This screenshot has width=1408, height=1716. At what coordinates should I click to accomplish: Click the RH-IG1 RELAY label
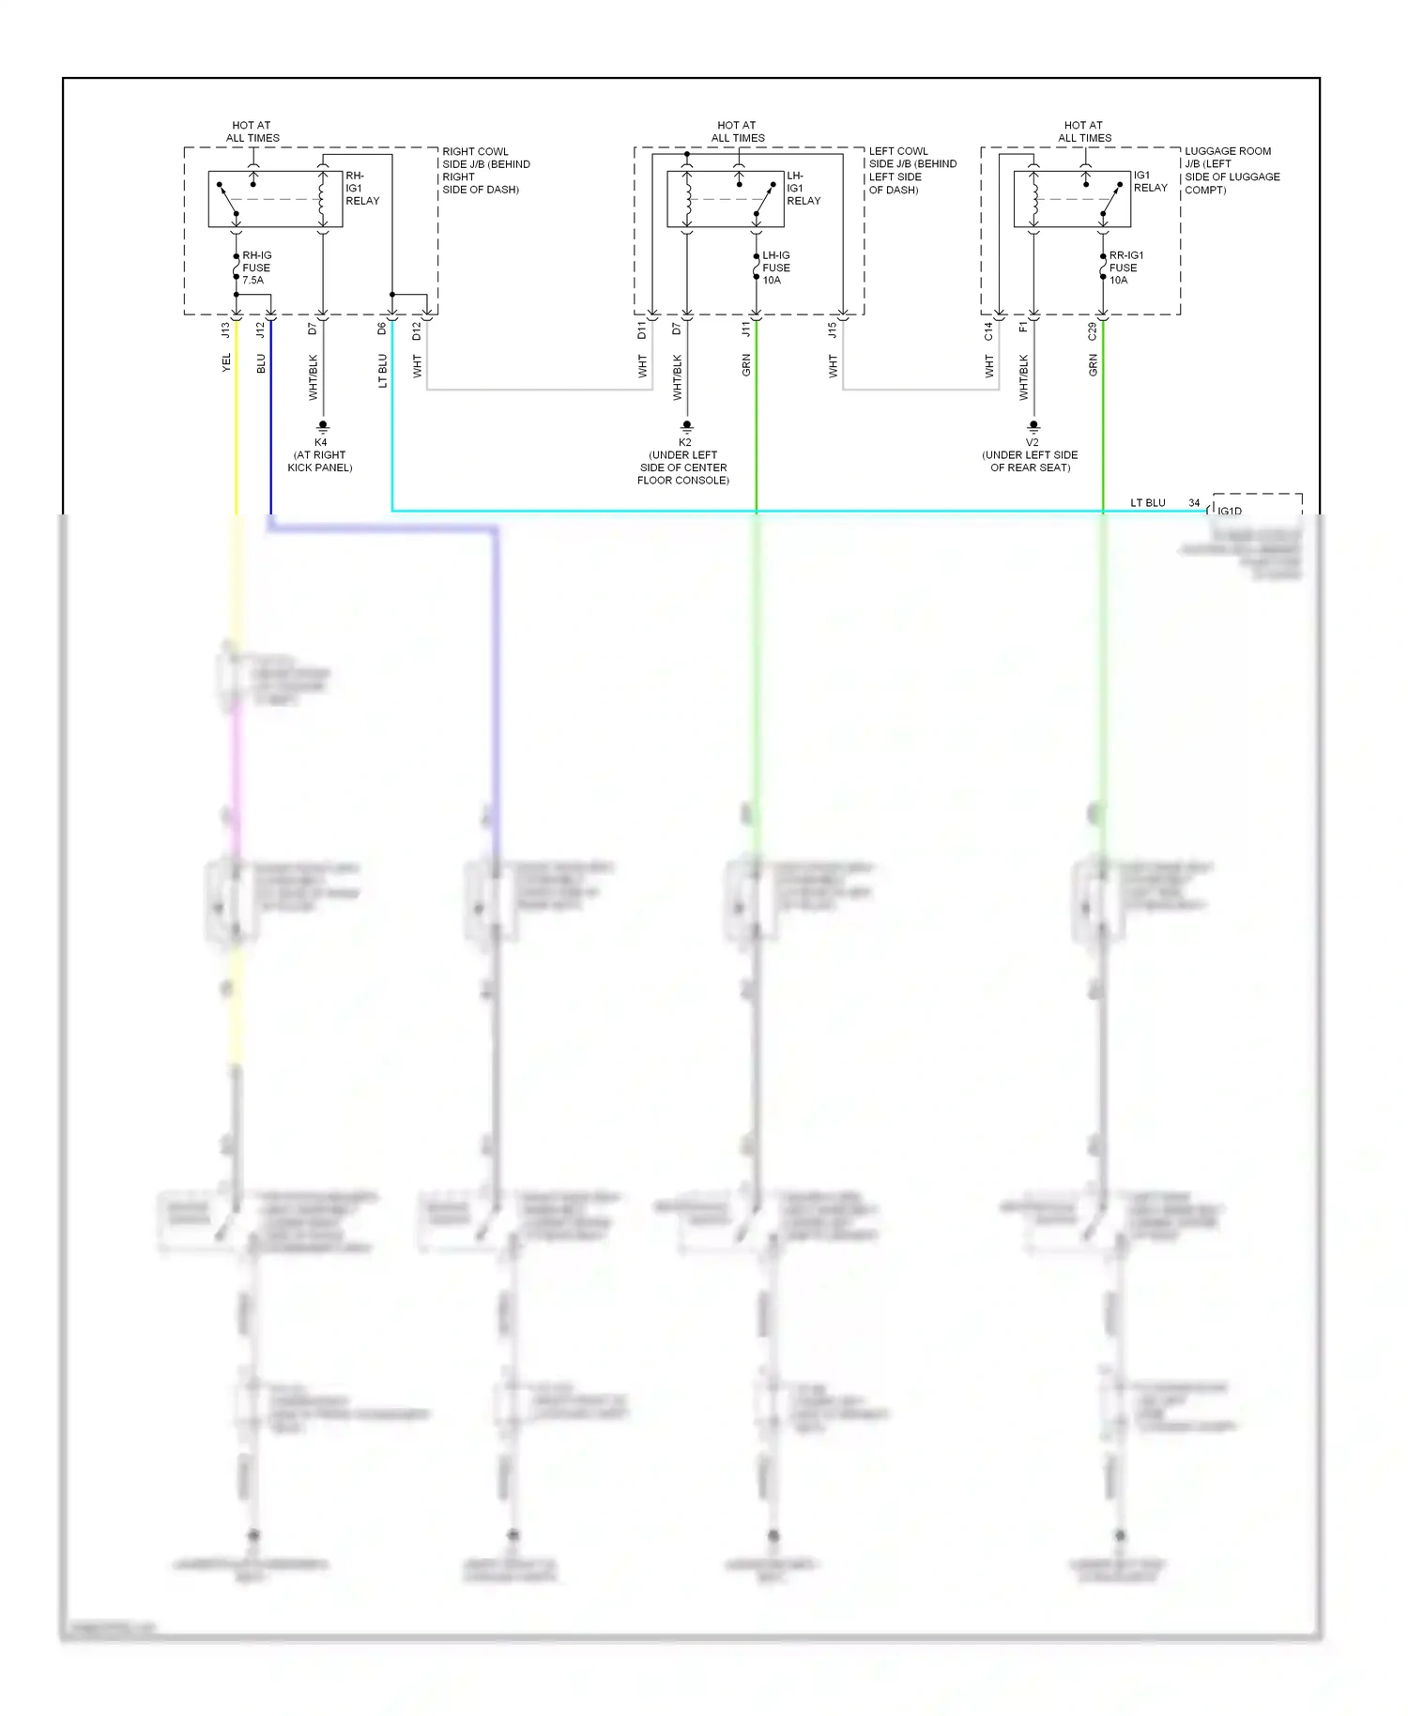(x=361, y=188)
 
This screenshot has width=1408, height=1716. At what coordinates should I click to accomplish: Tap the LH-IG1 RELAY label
(x=803, y=188)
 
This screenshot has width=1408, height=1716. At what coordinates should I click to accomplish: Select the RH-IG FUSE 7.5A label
(x=255, y=268)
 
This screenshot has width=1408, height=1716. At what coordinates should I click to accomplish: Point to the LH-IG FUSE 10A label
(x=775, y=268)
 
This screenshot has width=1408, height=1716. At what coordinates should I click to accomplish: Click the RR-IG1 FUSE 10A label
(x=1125, y=268)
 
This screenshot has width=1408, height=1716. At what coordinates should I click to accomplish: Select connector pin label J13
(x=225, y=330)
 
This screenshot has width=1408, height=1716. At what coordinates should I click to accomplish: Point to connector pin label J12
(x=260, y=330)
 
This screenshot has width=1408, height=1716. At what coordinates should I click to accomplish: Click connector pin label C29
(x=1092, y=330)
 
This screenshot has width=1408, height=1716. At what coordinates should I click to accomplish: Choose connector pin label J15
(x=832, y=330)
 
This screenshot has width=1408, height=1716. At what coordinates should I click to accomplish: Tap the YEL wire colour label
(x=225, y=362)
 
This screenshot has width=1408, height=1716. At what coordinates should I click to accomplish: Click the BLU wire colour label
(x=261, y=362)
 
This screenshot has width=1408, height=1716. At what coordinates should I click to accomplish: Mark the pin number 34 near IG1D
(x=1194, y=503)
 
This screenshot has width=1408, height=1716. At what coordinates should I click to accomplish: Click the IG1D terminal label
(x=1229, y=511)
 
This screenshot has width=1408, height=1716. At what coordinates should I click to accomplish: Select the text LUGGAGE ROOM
(x=1227, y=151)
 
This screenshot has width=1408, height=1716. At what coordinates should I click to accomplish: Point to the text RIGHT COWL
(x=475, y=151)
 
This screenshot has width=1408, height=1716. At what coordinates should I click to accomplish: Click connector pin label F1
(x=1023, y=328)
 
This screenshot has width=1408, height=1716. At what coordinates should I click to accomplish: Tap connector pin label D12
(x=416, y=330)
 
